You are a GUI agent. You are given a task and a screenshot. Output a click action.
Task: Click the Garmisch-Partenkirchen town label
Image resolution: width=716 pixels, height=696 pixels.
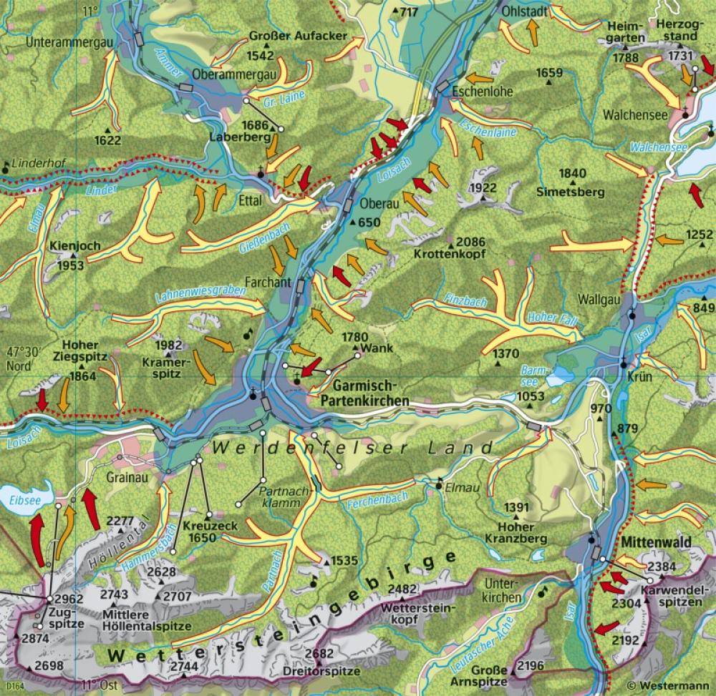(361, 394)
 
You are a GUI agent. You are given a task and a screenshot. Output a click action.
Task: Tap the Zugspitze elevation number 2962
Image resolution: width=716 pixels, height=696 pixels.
(69, 598)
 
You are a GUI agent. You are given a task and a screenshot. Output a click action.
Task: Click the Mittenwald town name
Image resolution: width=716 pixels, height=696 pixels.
(656, 543)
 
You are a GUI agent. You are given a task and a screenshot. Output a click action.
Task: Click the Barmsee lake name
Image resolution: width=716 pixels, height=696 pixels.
(530, 373)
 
